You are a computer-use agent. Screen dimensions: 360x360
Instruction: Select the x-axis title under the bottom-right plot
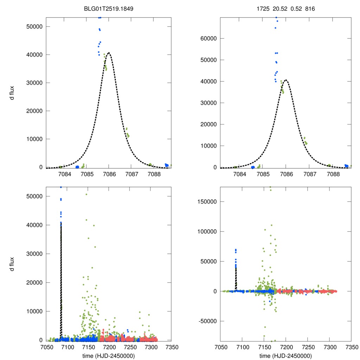pos(285,356)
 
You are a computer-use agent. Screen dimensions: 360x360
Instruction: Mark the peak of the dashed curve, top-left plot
pos(109,53)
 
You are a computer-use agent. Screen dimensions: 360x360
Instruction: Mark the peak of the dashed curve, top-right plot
pos(286,80)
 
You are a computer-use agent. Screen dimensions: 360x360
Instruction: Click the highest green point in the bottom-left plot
pos(86,194)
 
